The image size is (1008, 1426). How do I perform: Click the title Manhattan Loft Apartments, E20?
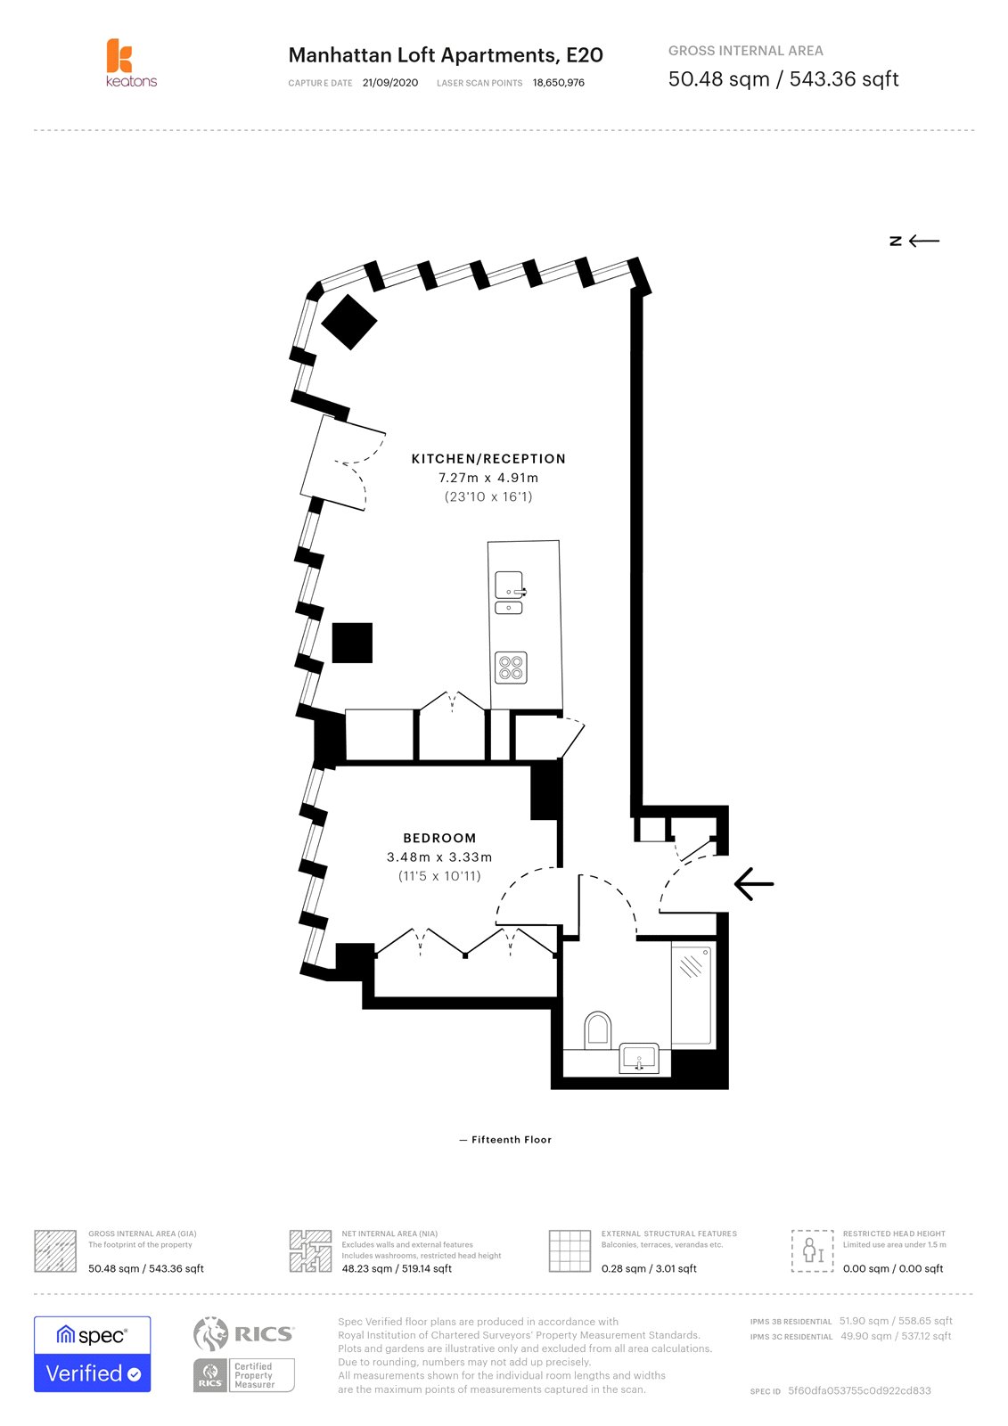446,55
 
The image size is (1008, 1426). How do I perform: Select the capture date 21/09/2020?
390,83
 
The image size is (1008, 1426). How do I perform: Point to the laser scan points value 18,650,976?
559,83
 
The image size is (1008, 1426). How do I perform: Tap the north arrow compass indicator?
914,241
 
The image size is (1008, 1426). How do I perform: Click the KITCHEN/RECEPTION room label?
488,459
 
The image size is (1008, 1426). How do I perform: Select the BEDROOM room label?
439,838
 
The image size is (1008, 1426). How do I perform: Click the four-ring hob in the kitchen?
511,667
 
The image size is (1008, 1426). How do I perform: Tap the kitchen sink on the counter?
510,586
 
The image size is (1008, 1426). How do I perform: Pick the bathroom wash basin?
639,1059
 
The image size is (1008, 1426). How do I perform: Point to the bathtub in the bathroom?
692,995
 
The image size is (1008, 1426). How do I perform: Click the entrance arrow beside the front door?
754,884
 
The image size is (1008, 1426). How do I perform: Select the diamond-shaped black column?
349,321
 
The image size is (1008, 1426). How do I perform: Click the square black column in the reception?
352,643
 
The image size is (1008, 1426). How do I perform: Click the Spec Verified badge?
92,1354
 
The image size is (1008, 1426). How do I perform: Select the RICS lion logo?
211,1334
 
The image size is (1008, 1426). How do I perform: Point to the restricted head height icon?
812,1250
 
